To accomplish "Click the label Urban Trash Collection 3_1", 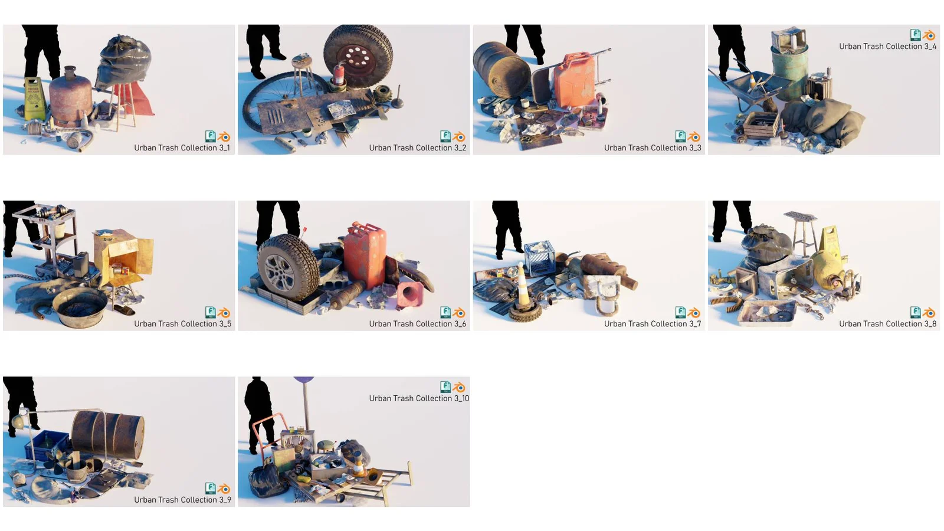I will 182,148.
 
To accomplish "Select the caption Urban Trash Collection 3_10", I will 419,399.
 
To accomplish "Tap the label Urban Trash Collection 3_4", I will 887,47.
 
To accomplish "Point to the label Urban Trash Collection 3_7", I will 652,324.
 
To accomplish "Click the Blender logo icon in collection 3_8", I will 929,313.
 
